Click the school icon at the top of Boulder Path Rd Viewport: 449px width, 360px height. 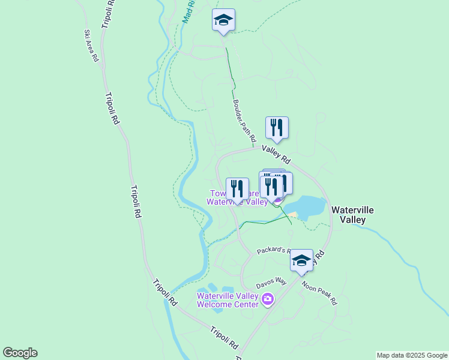click(x=223, y=20)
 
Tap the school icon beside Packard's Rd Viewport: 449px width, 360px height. click(x=301, y=260)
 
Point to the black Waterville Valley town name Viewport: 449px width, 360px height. click(x=352, y=215)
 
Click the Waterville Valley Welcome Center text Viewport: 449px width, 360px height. click(x=228, y=300)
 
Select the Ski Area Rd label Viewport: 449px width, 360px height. click(x=91, y=46)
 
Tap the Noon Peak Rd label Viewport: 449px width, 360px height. click(x=319, y=293)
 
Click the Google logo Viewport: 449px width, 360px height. click(x=20, y=353)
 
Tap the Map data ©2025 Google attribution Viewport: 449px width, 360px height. click(x=412, y=355)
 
